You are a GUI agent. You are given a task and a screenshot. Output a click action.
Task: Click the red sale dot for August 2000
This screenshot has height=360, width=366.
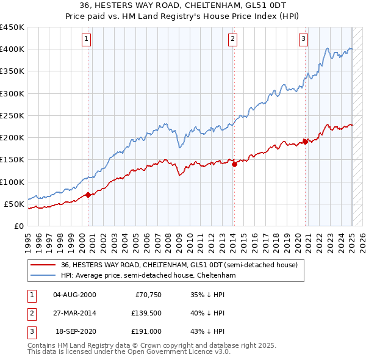(x=88, y=195)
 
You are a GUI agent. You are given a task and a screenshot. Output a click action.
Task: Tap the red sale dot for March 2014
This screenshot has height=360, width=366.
(x=234, y=164)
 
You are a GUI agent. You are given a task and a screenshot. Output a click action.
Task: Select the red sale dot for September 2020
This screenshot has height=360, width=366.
(x=304, y=142)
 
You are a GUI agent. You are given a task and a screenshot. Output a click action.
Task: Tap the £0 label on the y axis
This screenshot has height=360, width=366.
(x=20, y=226)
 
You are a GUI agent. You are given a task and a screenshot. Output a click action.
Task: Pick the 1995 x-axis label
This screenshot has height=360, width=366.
(x=28, y=239)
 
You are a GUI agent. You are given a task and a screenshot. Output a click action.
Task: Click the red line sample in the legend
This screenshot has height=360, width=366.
(x=43, y=265)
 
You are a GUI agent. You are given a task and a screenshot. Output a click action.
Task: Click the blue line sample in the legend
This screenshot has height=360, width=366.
(x=43, y=275)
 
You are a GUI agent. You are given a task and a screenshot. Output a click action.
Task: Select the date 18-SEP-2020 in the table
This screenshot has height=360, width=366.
(x=76, y=333)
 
